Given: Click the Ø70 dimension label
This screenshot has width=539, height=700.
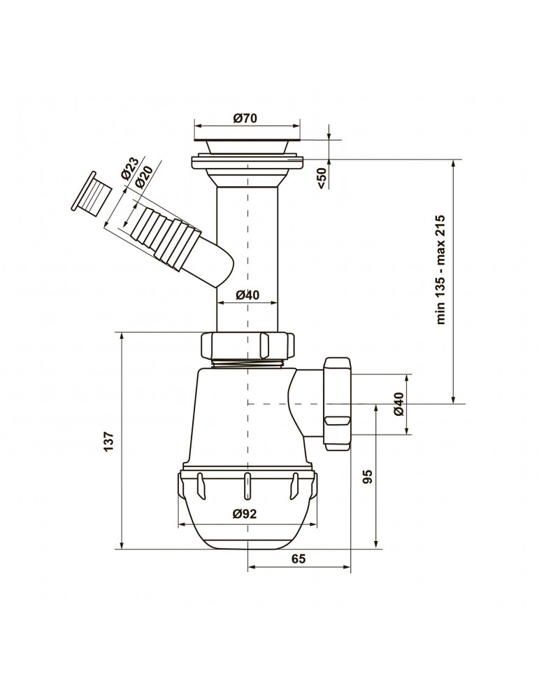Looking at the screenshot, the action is [x=245, y=118].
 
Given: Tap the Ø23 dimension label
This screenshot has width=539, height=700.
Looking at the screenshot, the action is [x=131, y=168].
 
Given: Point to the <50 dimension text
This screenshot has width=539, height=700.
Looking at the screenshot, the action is [x=322, y=178].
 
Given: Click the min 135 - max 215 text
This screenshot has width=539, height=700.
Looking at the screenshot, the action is [x=440, y=269].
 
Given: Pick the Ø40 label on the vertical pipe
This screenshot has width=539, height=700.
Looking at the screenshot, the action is [x=247, y=295].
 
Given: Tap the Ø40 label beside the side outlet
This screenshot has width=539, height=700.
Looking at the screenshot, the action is [x=399, y=404].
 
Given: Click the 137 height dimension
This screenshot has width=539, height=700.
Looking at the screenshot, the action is [x=109, y=442].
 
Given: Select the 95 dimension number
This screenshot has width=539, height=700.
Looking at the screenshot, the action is [x=367, y=477].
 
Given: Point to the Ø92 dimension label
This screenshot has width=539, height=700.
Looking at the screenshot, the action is [x=245, y=514].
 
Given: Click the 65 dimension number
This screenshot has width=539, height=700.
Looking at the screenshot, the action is [x=299, y=559].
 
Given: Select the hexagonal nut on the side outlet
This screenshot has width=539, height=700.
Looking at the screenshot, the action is [x=338, y=404].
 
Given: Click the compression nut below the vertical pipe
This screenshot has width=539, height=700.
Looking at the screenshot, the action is [x=248, y=345].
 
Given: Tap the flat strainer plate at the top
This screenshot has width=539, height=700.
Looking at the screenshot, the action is [x=247, y=137].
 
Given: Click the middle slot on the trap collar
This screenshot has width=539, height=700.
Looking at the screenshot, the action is [x=245, y=486].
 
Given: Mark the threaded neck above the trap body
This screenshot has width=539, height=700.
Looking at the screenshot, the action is [x=248, y=363].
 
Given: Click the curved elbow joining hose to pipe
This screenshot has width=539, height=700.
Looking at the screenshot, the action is [x=215, y=261].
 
